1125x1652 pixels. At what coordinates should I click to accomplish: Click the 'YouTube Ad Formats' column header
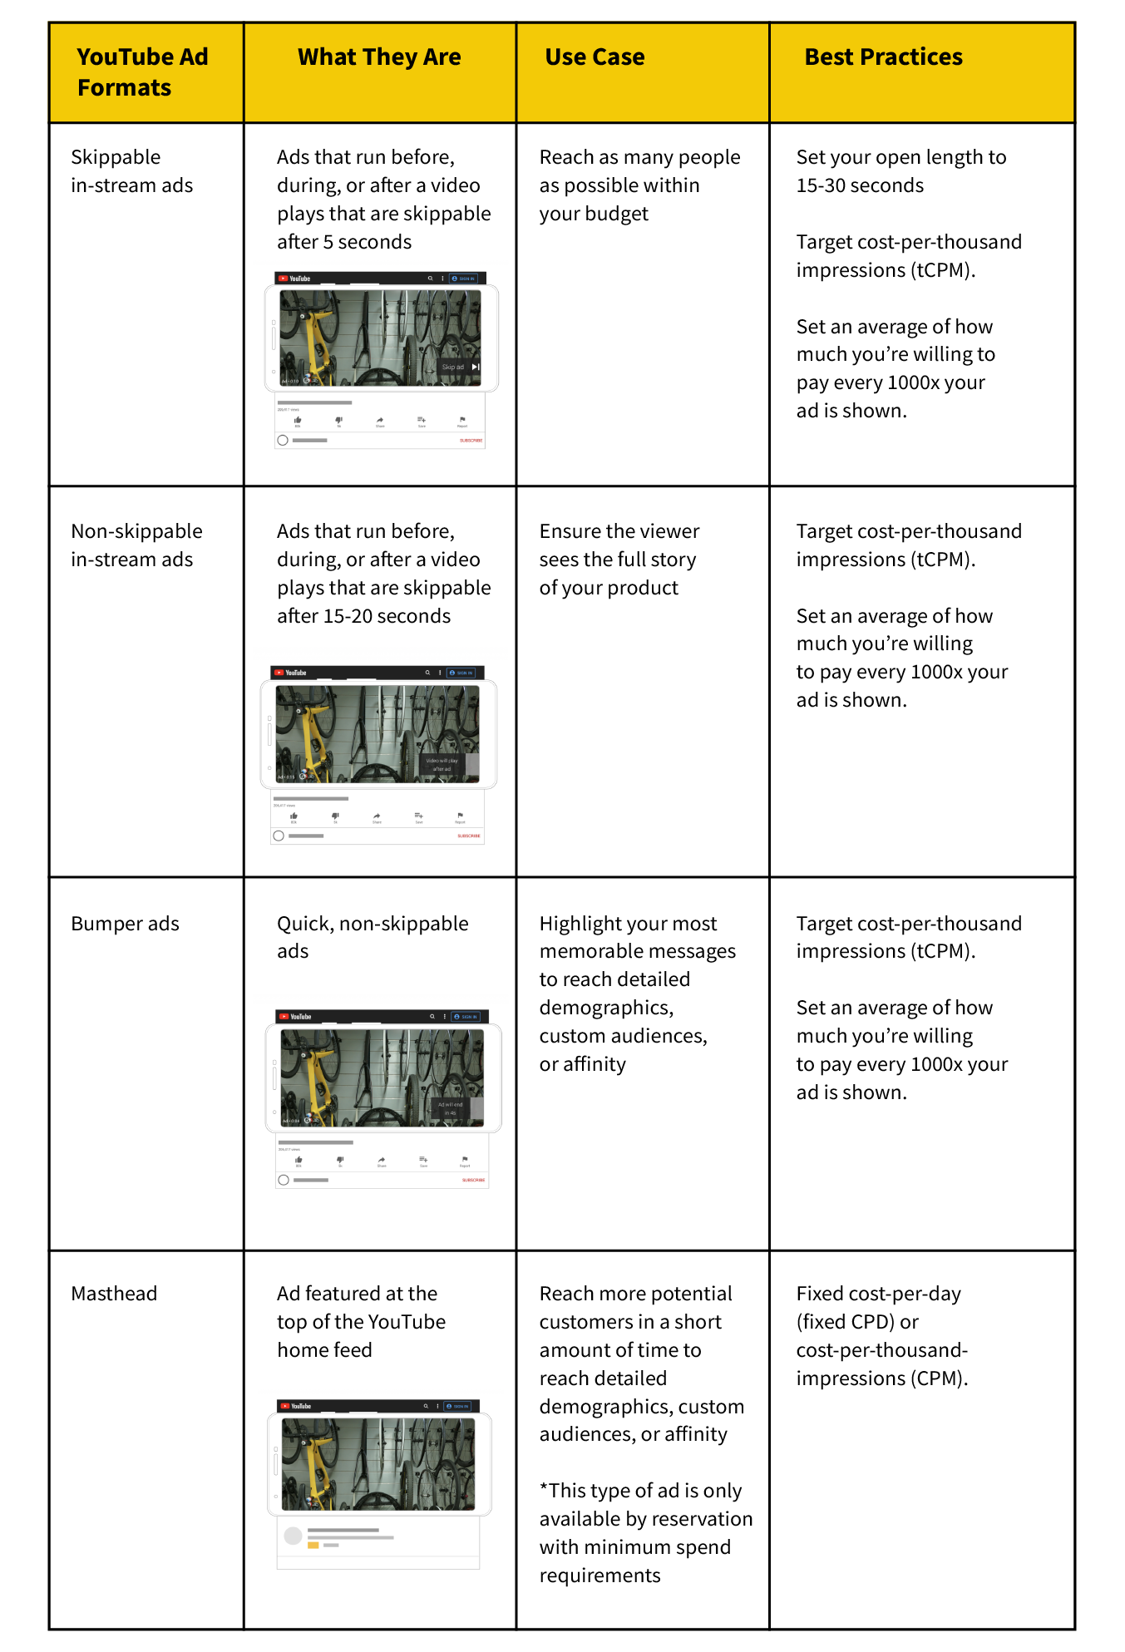[x=142, y=72]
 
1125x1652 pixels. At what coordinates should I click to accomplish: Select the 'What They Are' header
[x=379, y=57]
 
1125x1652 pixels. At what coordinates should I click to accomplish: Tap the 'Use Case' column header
[x=595, y=57]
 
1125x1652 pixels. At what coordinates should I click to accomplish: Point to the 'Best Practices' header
[x=883, y=57]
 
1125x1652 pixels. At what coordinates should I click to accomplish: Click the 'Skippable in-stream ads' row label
[x=131, y=171]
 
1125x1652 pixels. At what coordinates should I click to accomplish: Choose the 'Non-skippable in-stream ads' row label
[x=136, y=545]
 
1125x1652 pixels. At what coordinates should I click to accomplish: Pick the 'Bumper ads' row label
[x=125, y=924]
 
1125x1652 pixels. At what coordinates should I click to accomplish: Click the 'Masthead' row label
[x=114, y=1294]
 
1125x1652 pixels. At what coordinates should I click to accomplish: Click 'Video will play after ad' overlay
[x=442, y=765]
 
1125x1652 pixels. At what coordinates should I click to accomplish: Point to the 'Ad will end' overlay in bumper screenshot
[x=450, y=1108]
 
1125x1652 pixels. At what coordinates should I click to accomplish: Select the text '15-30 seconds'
[x=860, y=185]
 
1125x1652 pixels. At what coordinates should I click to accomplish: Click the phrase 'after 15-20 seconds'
[x=363, y=616]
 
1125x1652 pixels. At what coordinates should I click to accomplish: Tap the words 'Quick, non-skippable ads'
[x=373, y=937]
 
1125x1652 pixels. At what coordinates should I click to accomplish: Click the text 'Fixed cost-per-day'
[x=878, y=1294]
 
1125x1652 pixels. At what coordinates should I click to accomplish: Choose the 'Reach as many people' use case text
[x=639, y=157]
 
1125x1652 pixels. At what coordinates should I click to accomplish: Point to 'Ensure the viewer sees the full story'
[x=619, y=545]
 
